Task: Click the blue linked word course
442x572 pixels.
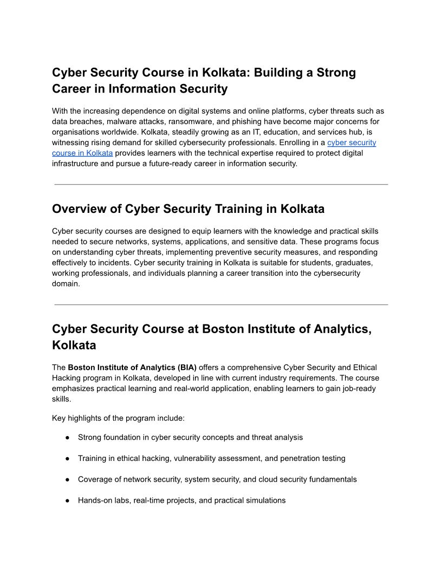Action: [x=65, y=153]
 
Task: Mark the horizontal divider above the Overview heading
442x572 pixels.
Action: [x=221, y=185]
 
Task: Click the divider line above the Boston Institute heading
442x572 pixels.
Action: [x=221, y=305]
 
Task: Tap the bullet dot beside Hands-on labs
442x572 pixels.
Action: [x=68, y=500]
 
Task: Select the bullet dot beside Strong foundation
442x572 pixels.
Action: [x=68, y=437]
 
